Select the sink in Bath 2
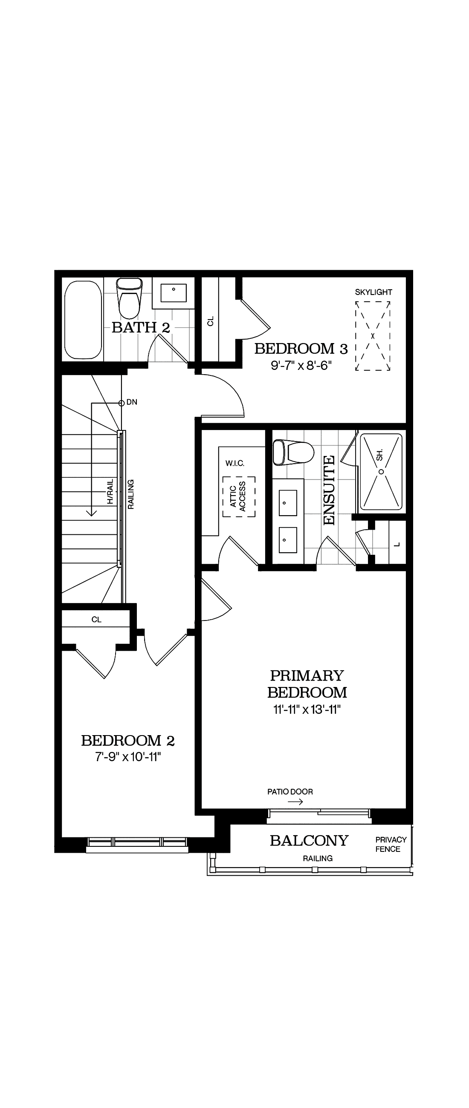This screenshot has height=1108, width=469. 174,293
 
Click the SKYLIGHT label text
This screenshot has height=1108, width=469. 373,292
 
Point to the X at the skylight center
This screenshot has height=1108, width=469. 373,336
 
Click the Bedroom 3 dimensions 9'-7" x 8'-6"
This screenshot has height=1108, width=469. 301,366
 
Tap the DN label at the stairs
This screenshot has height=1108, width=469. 132,402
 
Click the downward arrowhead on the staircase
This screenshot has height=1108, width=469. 91,512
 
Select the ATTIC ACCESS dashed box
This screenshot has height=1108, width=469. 239,496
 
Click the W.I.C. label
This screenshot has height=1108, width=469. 234,463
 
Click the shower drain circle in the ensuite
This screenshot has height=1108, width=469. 381,472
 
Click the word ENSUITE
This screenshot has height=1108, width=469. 329,491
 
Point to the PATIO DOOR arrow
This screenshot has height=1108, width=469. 295,802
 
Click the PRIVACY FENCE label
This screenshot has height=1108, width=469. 391,844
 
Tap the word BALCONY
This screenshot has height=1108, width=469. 309,840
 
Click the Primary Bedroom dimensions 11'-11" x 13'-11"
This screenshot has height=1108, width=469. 307,709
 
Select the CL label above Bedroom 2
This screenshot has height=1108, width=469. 96,619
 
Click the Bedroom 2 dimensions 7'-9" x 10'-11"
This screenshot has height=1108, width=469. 128,756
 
